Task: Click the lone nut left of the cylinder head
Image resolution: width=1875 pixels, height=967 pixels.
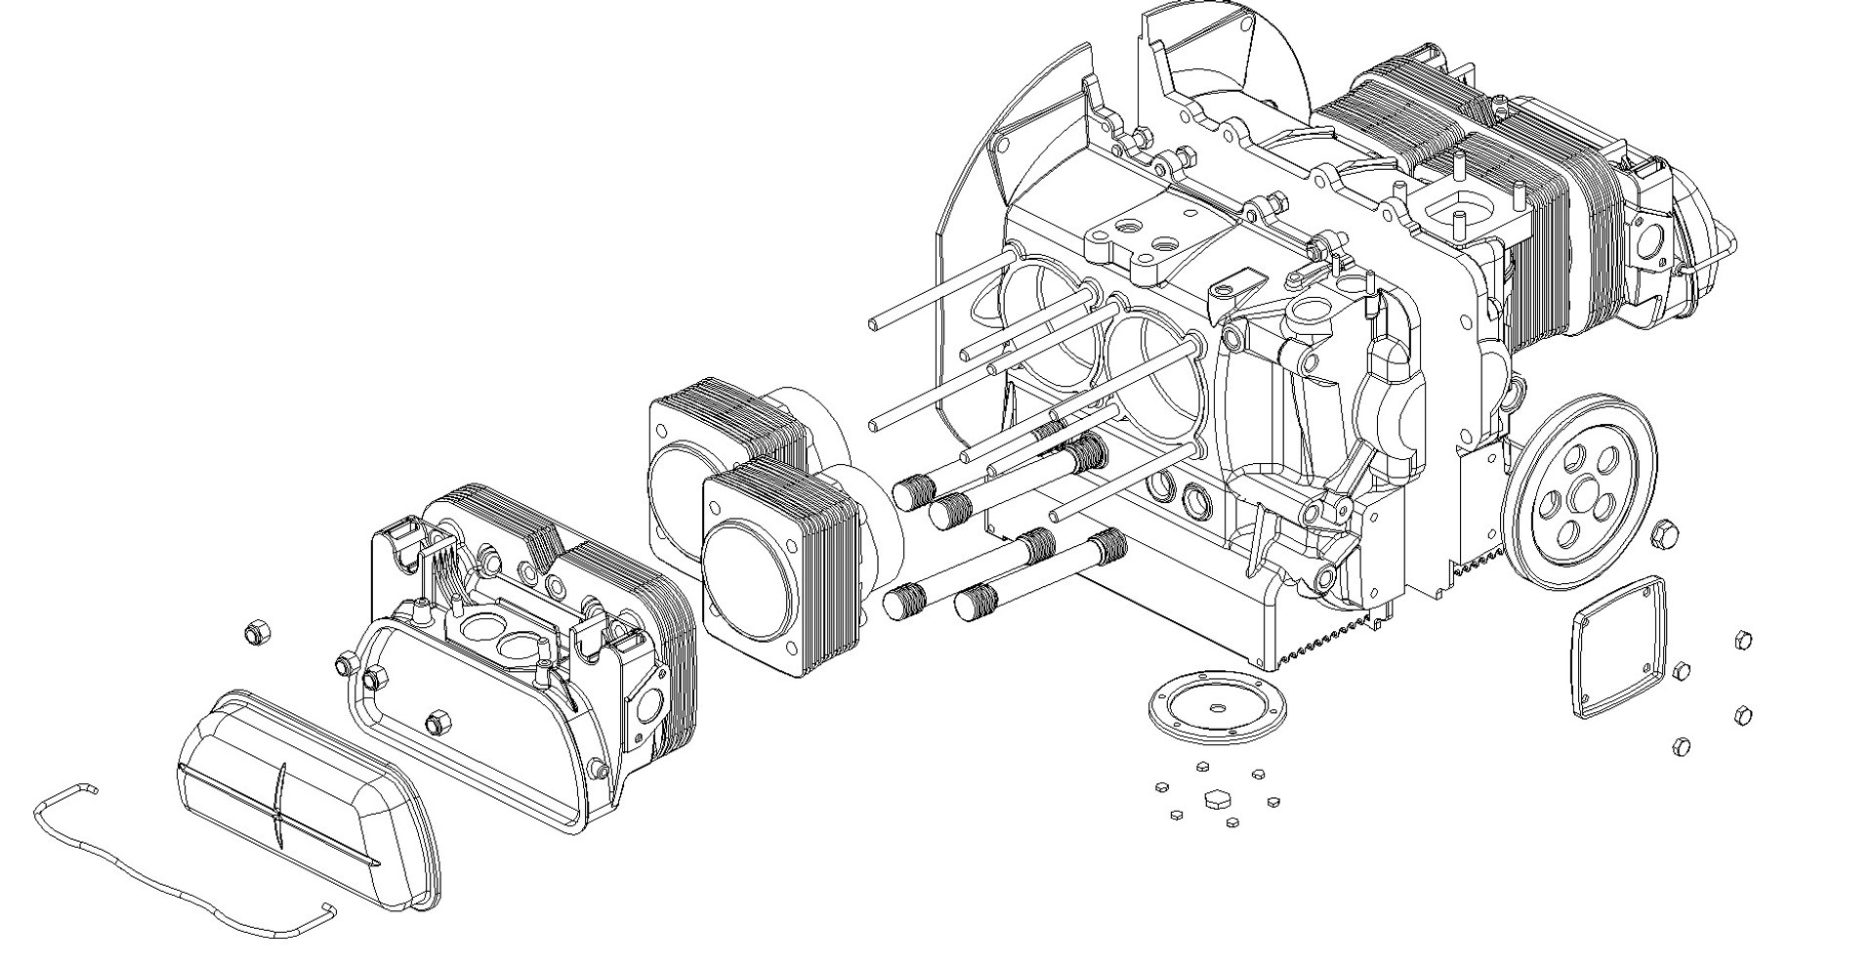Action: click(256, 634)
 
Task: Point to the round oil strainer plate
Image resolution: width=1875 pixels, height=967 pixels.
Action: click(1217, 708)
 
